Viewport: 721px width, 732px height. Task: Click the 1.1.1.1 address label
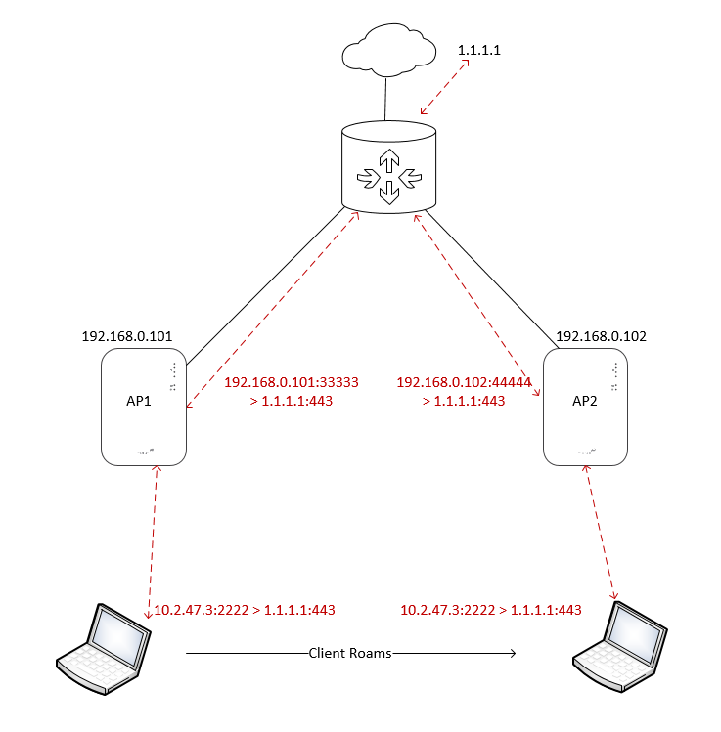click(479, 49)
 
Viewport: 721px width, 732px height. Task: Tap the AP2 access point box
click(584, 405)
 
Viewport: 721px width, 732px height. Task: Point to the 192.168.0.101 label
click(127, 336)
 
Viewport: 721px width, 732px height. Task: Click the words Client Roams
click(350, 653)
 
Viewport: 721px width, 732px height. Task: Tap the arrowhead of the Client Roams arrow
click(511, 653)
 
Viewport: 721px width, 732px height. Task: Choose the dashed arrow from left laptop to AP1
click(152, 538)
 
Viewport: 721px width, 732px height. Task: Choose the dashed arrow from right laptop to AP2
click(602, 533)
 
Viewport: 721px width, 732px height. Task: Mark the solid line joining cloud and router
click(386, 98)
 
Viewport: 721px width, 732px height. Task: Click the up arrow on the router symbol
click(389, 159)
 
